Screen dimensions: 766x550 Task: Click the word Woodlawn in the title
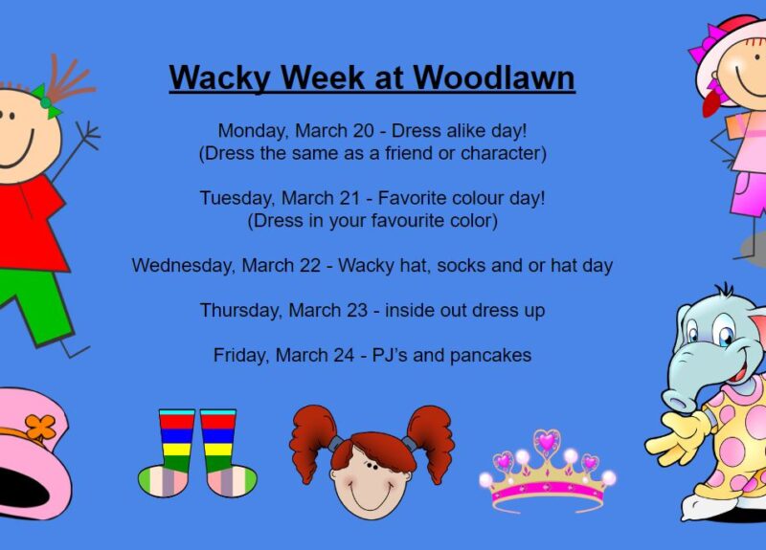(494, 77)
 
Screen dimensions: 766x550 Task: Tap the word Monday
(248, 131)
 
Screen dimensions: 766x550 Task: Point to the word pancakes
(490, 356)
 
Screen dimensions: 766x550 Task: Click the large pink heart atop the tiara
(547, 441)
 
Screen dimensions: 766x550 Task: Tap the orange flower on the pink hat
(40, 428)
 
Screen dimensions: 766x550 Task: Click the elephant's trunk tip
(680, 403)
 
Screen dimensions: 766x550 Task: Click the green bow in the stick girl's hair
(46, 101)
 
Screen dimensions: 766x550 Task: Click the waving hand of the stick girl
(88, 133)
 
